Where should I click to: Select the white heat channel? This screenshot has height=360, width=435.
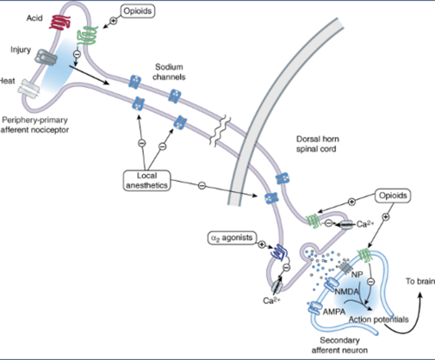[29, 89]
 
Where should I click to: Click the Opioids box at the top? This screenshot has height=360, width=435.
[137, 11]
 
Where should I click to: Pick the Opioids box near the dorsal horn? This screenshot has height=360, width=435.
[393, 196]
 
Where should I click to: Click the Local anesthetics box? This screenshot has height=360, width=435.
[147, 181]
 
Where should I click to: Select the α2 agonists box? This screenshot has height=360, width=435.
[232, 238]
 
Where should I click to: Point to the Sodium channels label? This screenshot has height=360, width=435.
[169, 72]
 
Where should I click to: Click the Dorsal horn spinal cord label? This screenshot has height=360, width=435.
[317, 144]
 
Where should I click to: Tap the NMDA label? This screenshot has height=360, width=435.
[346, 291]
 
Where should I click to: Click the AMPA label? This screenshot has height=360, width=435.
[334, 312]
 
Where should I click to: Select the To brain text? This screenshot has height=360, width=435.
[420, 281]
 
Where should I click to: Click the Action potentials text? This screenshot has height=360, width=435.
[379, 320]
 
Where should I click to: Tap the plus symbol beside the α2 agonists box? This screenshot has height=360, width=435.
[262, 244]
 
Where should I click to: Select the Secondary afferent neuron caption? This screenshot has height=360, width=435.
[340, 345]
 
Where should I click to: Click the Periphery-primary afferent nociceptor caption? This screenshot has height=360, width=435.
[34, 125]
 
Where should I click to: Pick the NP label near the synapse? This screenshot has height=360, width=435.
[357, 275]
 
